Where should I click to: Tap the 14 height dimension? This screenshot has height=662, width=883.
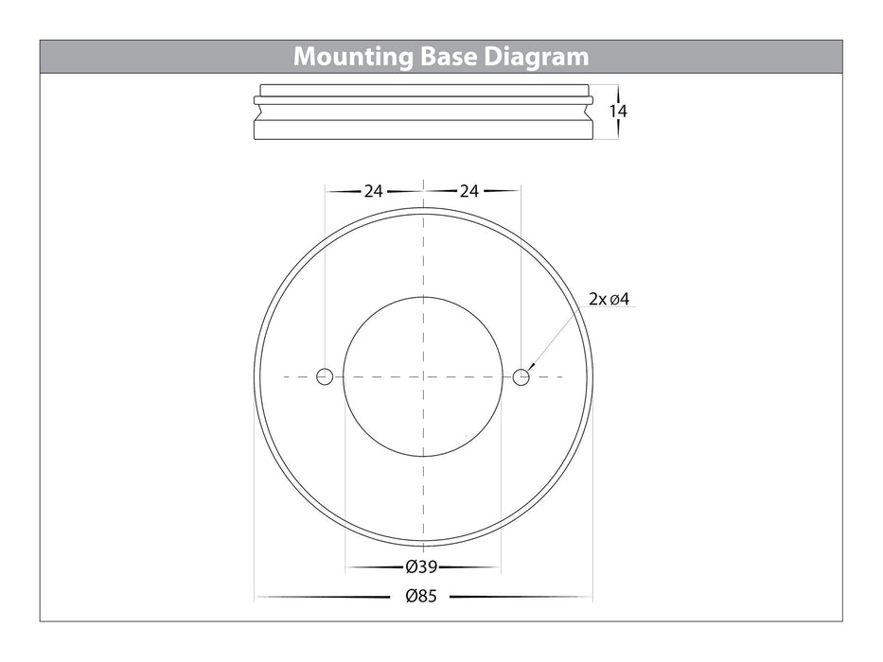(x=618, y=111)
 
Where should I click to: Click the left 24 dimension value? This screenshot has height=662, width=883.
(x=374, y=191)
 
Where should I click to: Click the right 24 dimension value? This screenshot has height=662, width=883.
(x=469, y=191)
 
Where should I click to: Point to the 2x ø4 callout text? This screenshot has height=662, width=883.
(x=609, y=299)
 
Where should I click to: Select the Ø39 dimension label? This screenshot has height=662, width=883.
(x=421, y=566)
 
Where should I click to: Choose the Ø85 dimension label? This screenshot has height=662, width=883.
(x=421, y=596)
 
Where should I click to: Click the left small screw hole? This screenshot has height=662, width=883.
(x=325, y=376)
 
